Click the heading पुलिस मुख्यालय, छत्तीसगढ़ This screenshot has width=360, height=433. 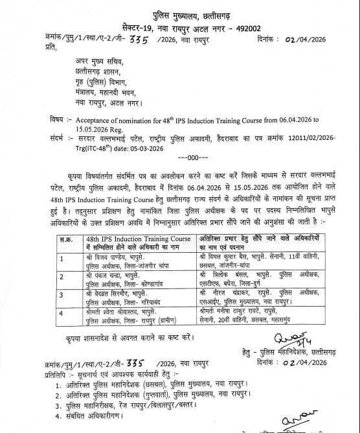181,10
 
